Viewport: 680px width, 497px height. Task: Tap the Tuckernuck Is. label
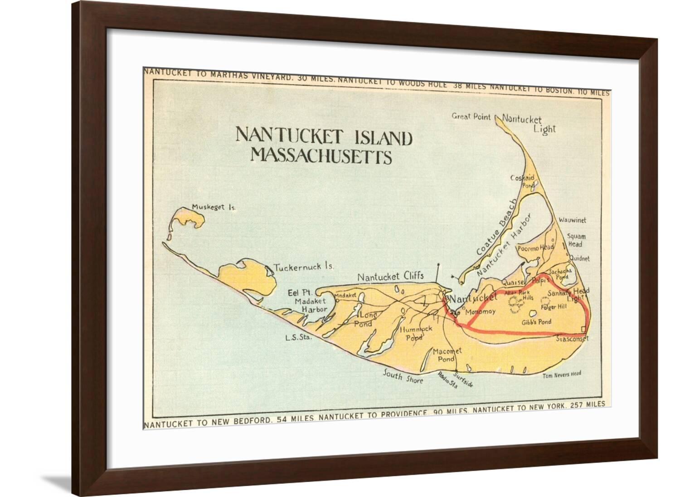pyautogui.click(x=304, y=267)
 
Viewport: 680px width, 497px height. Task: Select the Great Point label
pyautogui.click(x=471, y=117)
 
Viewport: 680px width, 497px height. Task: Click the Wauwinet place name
pyautogui.click(x=572, y=220)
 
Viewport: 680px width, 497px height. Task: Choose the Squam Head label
pyautogui.click(x=576, y=240)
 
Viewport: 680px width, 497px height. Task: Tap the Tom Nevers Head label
pyautogui.click(x=562, y=374)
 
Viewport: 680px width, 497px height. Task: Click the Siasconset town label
pyautogui.click(x=572, y=338)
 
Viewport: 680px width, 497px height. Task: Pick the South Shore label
pyautogui.click(x=403, y=377)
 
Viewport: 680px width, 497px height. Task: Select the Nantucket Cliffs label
pyautogui.click(x=390, y=276)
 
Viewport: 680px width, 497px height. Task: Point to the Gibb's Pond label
pyautogui.click(x=536, y=322)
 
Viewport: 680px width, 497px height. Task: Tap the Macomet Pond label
pyautogui.click(x=447, y=355)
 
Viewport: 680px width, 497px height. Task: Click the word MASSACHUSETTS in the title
pyautogui.click(x=321, y=156)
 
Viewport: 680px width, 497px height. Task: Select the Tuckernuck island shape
pyautogui.click(x=248, y=277)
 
